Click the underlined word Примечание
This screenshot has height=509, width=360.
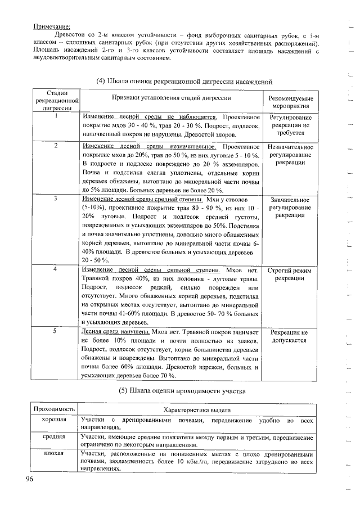pyautogui.click(x=51, y=26)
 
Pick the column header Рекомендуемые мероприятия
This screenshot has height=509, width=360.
pyautogui.click(x=291, y=102)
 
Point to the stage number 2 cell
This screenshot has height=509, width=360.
pyautogui.click(x=56, y=146)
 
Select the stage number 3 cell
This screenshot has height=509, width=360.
pyautogui.click(x=56, y=199)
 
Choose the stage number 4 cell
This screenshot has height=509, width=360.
pyautogui.click(x=56, y=269)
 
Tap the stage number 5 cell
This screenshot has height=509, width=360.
pyautogui.click(x=56, y=332)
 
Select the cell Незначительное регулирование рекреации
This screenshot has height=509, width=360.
pyautogui.click(x=291, y=154)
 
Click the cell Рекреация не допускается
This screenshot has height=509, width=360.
pyautogui.click(x=291, y=336)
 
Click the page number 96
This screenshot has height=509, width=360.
pyautogui.click(x=30, y=479)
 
